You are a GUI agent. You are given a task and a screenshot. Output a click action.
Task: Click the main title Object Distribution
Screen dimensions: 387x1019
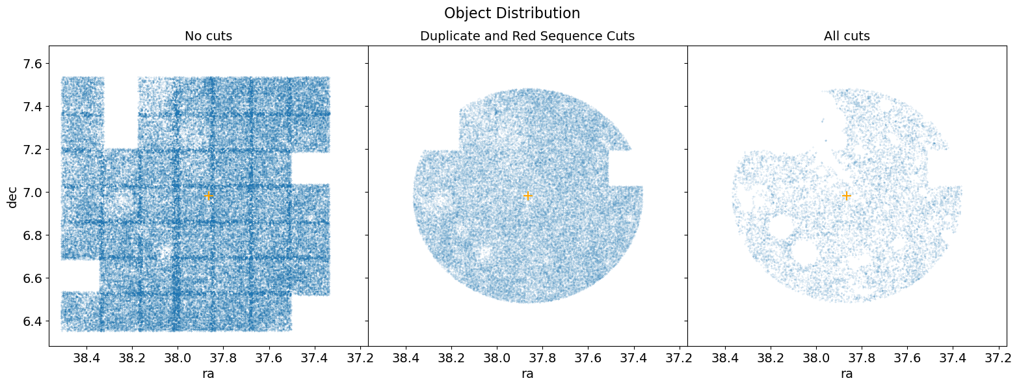[x=512, y=13]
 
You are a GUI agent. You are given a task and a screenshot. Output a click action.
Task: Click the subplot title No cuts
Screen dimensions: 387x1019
[x=208, y=36]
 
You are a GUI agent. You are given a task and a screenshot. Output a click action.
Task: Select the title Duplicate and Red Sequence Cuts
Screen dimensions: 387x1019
[x=527, y=36]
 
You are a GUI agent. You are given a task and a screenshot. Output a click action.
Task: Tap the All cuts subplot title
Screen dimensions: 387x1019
[x=847, y=36]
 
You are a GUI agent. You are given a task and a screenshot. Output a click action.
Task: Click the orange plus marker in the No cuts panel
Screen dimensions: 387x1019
[x=208, y=195]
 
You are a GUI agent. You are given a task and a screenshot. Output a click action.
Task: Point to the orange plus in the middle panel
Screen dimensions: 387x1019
[x=528, y=195]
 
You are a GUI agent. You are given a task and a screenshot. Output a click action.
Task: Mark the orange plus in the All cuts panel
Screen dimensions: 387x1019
[x=847, y=195]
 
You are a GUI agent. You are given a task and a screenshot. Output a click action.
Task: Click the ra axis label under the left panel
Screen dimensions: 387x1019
[x=208, y=374]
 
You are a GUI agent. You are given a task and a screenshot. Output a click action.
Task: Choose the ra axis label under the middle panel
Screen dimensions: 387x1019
[x=527, y=374]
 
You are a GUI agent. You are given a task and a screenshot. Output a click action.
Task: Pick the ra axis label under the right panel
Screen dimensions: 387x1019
[x=847, y=374]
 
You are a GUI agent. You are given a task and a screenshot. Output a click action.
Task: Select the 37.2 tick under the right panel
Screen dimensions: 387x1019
[x=998, y=358]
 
